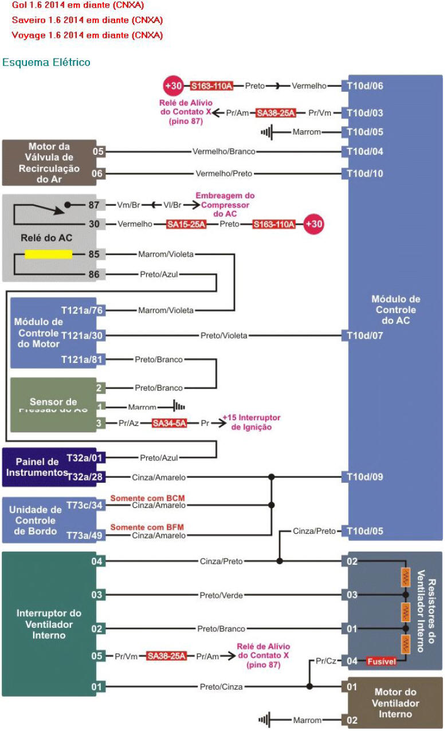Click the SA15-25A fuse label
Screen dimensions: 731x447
(x=186, y=224)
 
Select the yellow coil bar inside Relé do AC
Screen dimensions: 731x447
(x=48, y=254)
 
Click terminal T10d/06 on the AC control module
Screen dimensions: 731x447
(x=364, y=86)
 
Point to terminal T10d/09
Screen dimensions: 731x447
(x=364, y=477)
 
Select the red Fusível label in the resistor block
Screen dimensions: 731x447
(x=381, y=661)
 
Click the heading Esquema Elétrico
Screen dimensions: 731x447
(x=46, y=62)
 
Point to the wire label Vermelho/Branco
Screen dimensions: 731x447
(x=223, y=152)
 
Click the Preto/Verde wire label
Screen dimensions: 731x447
(x=221, y=595)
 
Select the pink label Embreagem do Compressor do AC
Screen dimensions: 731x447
(x=225, y=204)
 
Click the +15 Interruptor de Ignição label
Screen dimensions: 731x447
(x=247, y=423)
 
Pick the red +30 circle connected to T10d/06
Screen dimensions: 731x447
(x=173, y=86)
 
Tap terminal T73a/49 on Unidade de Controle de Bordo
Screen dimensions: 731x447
(x=85, y=535)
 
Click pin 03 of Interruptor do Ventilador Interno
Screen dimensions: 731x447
(x=98, y=595)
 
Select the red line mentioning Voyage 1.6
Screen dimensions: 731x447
(x=87, y=35)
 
